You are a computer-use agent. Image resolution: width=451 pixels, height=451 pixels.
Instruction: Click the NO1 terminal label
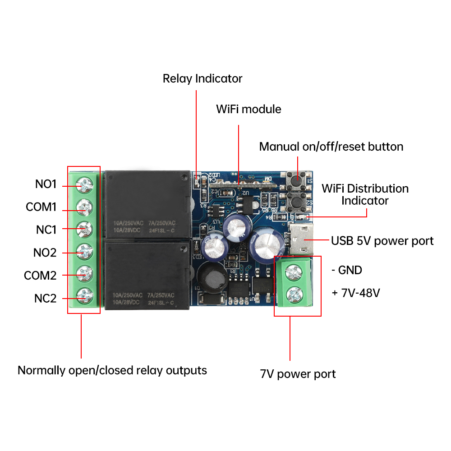click(x=46, y=184)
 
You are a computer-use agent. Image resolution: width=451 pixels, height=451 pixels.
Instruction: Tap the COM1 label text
click(x=41, y=207)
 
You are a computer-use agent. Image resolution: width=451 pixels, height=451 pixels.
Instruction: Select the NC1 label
click(x=46, y=230)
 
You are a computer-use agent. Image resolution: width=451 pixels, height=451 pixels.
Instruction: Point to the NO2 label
click(x=45, y=253)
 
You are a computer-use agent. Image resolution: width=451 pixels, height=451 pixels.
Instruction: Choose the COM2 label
click(x=40, y=276)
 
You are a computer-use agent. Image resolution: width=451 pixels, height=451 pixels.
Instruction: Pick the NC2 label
click(x=45, y=299)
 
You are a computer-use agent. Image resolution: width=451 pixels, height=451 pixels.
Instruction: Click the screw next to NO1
click(x=84, y=184)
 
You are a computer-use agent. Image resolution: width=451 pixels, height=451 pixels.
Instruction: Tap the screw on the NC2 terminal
click(x=84, y=296)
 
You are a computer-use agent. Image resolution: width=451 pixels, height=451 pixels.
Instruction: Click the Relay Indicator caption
click(x=202, y=78)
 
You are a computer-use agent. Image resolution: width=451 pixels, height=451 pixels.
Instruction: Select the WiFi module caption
click(x=249, y=109)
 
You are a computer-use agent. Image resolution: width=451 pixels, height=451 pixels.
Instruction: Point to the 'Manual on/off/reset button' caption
click(x=331, y=147)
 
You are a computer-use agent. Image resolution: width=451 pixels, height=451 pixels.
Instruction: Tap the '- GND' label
click(x=346, y=270)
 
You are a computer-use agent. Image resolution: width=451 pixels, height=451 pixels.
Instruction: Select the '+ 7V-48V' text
click(x=356, y=293)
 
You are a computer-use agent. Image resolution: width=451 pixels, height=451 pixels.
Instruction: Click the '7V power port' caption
click(x=298, y=374)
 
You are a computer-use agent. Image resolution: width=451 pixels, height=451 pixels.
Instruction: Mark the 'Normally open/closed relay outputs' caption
click(x=112, y=370)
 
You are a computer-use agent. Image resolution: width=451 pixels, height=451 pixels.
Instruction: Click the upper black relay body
click(x=147, y=205)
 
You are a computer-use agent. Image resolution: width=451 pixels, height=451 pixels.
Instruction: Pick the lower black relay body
click(x=147, y=275)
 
